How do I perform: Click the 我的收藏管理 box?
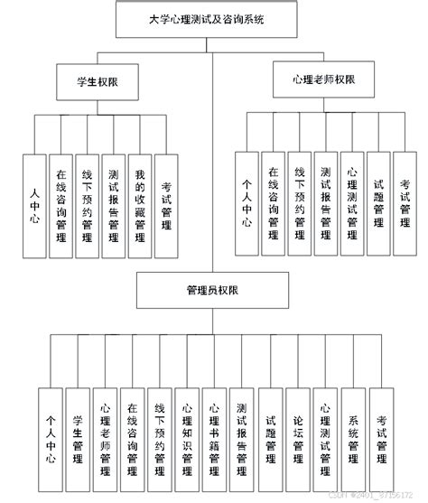[140, 207]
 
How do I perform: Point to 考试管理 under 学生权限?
[166, 207]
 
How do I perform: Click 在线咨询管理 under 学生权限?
[60, 207]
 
